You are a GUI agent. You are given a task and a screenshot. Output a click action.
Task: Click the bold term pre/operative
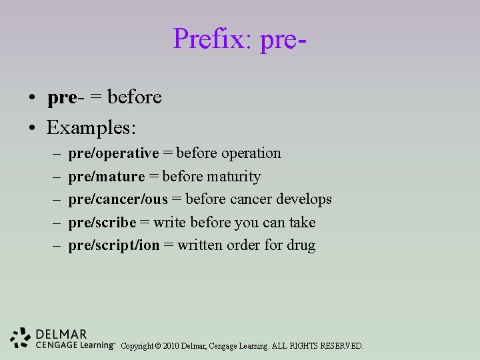[x=113, y=153]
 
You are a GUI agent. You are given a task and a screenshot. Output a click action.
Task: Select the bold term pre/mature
[x=106, y=177]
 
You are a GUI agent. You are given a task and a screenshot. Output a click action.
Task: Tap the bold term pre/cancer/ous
[x=118, y=199]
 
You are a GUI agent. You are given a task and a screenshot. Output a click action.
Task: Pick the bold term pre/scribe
[x=102, y=223]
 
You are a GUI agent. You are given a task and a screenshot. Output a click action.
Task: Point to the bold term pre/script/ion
[x=114, y=245]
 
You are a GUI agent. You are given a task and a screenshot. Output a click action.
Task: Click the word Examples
[x=91, y=127]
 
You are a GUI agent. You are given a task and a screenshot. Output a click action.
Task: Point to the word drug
[x=301, y=245]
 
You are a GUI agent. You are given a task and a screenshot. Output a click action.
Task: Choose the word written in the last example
[x=200, y=245]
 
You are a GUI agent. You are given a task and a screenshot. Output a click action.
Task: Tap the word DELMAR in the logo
[x=61, y=334]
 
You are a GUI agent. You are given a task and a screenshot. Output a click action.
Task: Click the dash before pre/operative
[x=55, y=154]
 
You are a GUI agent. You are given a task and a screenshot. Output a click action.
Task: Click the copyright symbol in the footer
[x=157, y=346]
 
